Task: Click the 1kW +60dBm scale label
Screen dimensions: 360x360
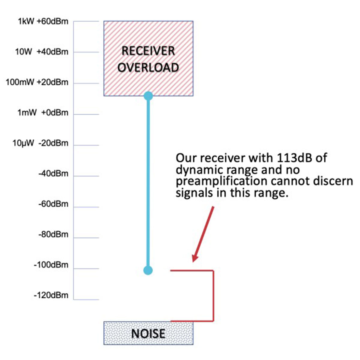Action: tap(43, 22)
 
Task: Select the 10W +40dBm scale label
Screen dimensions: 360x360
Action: tap(42, 52)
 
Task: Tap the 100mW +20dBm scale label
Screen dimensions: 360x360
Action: tap(37, 82)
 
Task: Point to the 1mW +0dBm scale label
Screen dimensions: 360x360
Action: tap(43, 113)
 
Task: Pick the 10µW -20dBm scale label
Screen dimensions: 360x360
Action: tap(40, 143)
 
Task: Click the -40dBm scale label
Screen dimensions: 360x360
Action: tap(53, 174)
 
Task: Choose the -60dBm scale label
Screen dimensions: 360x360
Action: tap(53, 204)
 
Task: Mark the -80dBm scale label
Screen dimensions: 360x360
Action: tap(53, 234)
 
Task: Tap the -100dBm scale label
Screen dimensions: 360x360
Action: tap(51, 265)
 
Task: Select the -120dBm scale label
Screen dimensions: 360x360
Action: tap(51, 295)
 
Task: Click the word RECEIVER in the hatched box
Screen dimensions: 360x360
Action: tap(148, 51)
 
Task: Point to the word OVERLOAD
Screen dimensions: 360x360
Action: tap(148, 67)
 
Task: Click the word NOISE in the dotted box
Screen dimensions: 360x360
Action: tap(148, 334)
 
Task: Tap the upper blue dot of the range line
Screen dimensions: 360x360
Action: tap(148, 96)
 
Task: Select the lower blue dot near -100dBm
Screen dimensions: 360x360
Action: tap(148, 270)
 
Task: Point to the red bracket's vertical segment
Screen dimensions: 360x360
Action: tap(213, 295)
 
